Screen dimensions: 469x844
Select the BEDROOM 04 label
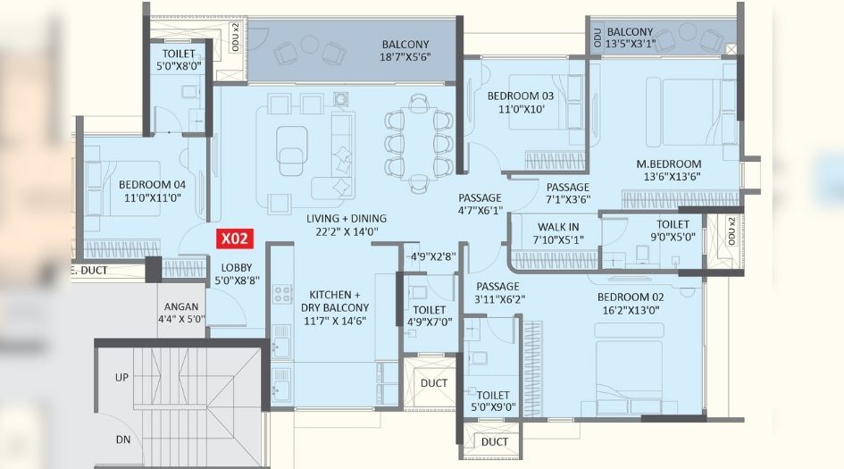pos(152,185)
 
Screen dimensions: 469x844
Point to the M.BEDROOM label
pos(668,163)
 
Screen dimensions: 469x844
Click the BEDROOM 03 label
pos(521,96)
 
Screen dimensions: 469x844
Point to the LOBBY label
pos(237,267)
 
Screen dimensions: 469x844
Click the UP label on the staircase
pos(121,377)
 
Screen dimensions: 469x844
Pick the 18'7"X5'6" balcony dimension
pos(405,61)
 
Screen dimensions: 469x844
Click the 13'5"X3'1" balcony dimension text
pos(642,43)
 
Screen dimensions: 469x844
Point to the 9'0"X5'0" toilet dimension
pos(673,238)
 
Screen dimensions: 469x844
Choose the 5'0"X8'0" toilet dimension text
pos(178,64)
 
